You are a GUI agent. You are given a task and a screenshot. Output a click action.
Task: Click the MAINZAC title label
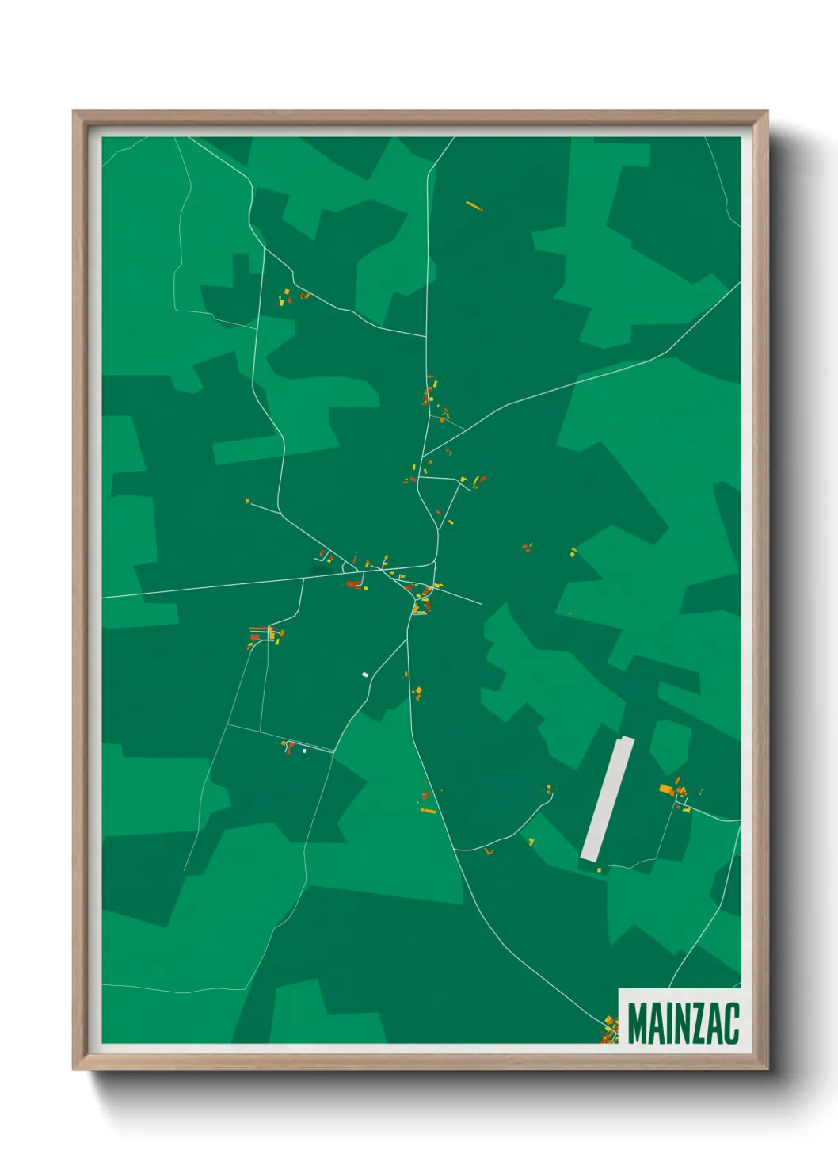click(683, 1023)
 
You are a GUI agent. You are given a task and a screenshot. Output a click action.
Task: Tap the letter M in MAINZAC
click(638, 1023)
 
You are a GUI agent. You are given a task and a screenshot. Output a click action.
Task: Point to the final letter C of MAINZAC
click(731, 1023)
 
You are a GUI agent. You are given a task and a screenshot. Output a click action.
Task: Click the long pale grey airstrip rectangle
click(608, 798)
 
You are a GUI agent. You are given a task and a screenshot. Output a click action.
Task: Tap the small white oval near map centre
click(365, 674)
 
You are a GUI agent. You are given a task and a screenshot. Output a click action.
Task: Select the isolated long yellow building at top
click(474, 206)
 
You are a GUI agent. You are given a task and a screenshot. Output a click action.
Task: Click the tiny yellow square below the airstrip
click(599, 870)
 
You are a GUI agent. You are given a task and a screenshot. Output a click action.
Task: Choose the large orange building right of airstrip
click(666, 789)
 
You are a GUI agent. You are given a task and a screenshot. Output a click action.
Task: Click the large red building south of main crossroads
click(353, 584)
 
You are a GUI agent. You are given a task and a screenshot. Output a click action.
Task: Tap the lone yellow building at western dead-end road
click(247, 501)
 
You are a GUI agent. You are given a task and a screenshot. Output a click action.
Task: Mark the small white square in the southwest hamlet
click(304, 750)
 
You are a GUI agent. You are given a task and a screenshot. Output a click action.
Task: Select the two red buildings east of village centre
click(526, 548)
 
